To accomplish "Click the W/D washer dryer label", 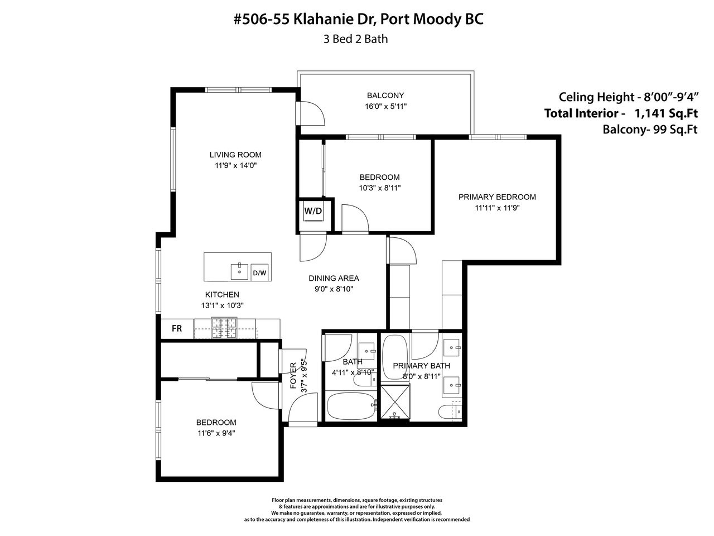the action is [313, 211].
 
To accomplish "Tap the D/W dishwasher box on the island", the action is [259, 272].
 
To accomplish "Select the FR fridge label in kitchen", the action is [177, 329].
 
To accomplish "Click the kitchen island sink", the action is [239, 271].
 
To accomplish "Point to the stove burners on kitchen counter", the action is [224, 328].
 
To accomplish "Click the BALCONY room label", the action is [385, 95].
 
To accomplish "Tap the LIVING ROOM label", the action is [235, 155].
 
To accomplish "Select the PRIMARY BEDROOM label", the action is [497, 197].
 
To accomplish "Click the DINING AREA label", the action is [334, 278].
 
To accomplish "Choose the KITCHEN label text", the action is [222, 295].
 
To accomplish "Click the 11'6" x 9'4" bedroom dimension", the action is [216, 433].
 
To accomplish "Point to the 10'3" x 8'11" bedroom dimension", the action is [380, 188].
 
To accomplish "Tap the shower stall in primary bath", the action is [395, 402].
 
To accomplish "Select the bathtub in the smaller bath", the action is [351, 406].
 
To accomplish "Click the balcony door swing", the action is [312, 113].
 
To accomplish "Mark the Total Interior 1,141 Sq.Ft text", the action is [621, 113].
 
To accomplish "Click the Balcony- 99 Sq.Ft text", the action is [650, 130].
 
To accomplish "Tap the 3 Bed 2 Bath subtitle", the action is [355, 39].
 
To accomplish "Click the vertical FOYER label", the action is [293, 376].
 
